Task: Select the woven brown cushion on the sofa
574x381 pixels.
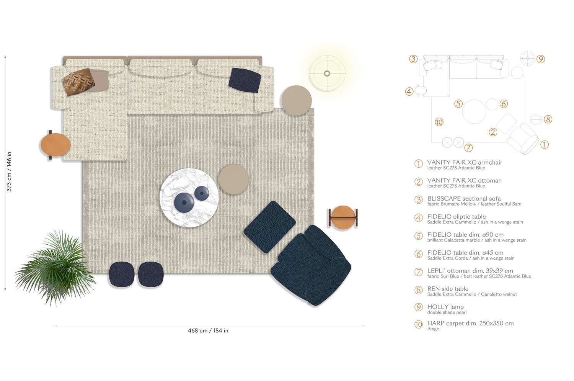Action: (x=79, y=82)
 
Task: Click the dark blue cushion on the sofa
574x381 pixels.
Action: (x=245, y=80)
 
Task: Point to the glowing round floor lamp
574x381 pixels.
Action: (x=327, y=73)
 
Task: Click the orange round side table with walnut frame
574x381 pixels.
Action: (x=343, y=217)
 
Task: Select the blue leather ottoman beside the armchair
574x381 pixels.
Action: (x=270, y=227)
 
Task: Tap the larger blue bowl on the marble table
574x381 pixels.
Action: (x=184, y=202)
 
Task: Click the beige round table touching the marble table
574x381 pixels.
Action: (x=233, y=179)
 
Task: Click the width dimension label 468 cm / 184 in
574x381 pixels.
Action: (x=208, y=330)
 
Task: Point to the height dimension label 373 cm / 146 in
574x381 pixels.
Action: (x=9, y=172)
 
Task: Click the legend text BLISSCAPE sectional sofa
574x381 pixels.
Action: (x=464, y=198)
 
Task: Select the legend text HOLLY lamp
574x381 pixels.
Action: (x=445, y=307)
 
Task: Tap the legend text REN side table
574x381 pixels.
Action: (x=448, y=289)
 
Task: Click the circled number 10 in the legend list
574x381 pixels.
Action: (x=419, y=324)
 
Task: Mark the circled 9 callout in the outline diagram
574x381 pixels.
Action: (x=540, y=59)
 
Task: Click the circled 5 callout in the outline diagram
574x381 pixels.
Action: (x=458, y=104)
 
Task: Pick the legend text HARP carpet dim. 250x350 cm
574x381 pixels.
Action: (x=470, y=323)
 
